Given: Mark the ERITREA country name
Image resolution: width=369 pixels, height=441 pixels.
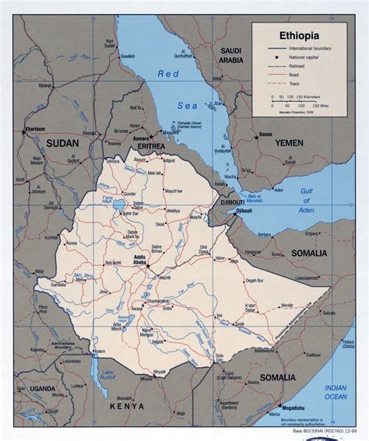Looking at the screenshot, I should (x=148, y=145).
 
